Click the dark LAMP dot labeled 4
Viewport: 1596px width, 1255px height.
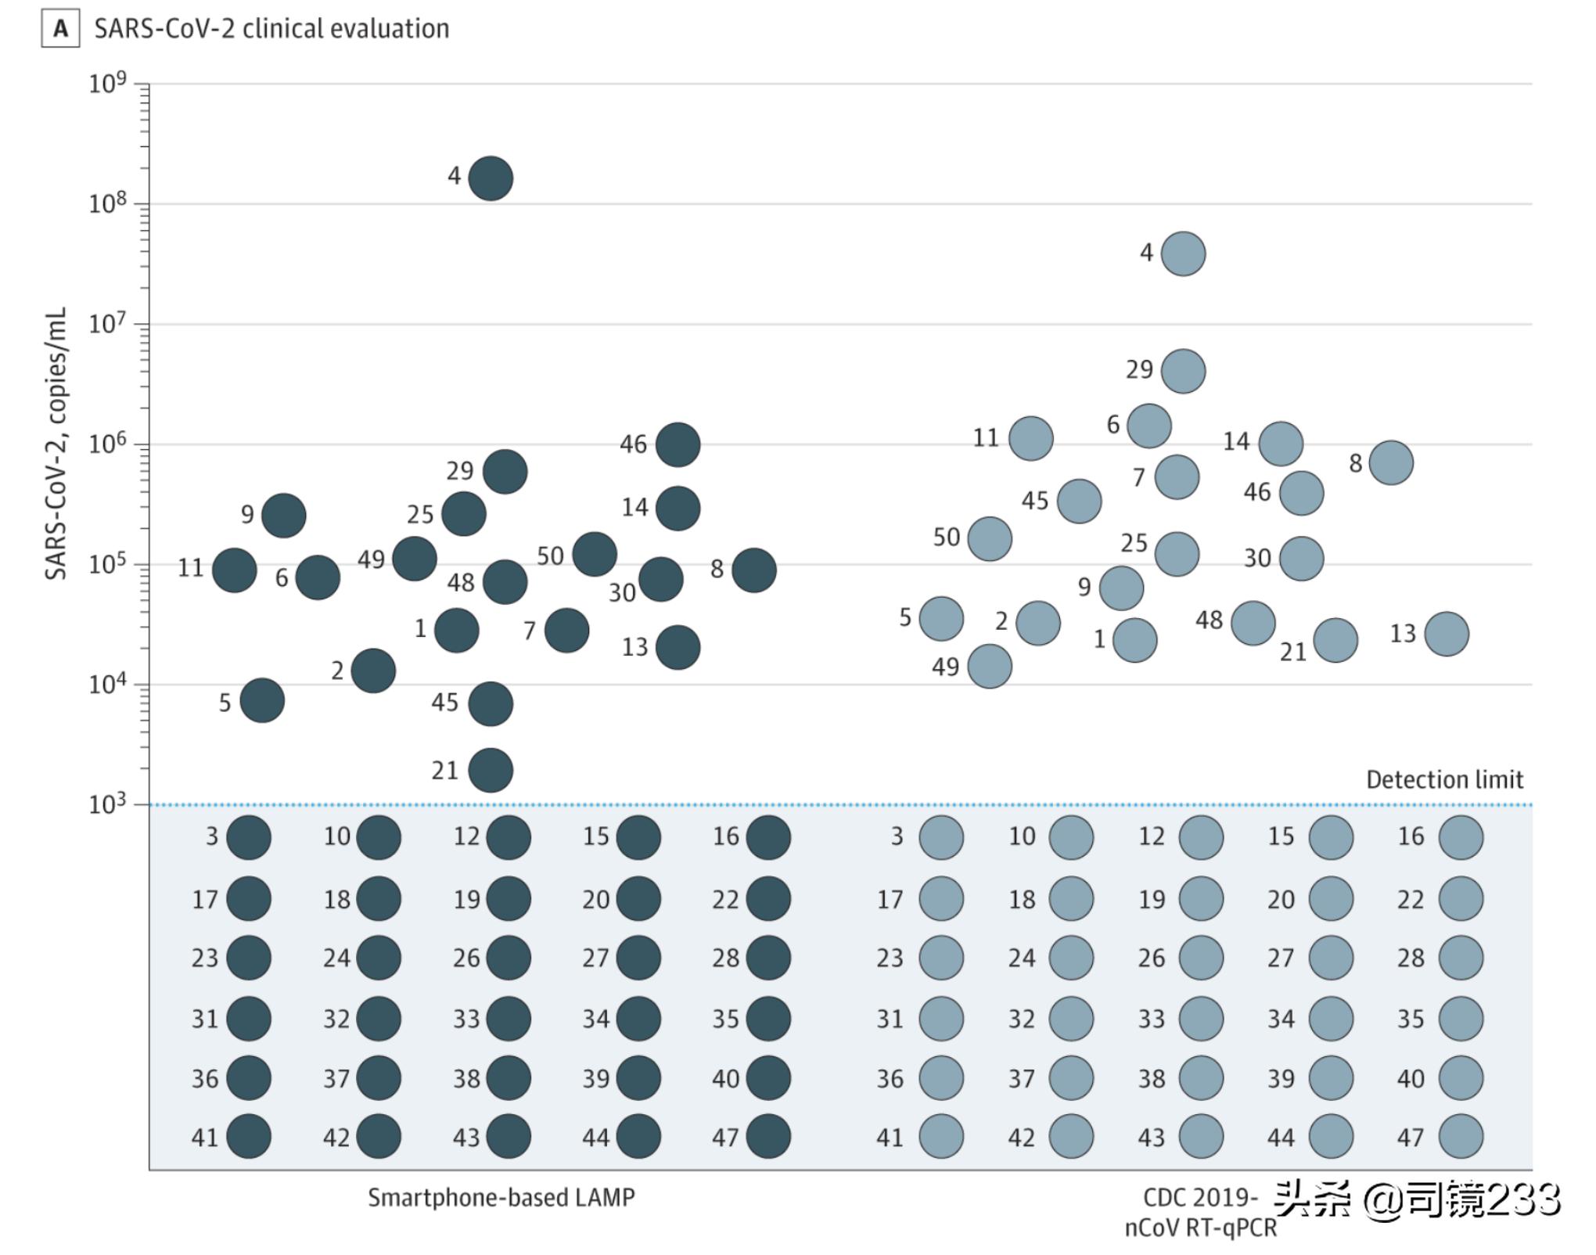tap(491, 178)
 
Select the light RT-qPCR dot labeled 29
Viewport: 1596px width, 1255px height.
tap(1183, 371)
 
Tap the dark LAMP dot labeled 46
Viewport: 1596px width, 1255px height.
tap(678, 444)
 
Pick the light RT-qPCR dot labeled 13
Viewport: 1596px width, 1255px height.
tap(1447, 634)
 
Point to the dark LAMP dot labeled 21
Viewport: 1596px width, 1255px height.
tap(491, 771)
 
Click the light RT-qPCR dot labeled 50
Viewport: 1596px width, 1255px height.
tap(990, 539)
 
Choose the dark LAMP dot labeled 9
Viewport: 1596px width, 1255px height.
tap(283, 516)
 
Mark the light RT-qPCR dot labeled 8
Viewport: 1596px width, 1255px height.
tap(1391, 462)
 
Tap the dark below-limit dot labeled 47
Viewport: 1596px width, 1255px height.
tap(768, 1136)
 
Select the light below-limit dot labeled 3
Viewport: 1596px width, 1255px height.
tap(941, 837)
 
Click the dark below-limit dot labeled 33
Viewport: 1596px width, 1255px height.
tap(509, 1019)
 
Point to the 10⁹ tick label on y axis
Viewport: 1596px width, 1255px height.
tap(107, 82)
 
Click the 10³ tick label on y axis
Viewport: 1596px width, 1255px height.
tap(107, 804)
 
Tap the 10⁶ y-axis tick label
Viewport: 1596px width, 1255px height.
tap(107, 444)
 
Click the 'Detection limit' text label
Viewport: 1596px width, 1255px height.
tap(1444, 779)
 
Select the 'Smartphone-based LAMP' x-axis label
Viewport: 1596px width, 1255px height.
tap(501, 1197)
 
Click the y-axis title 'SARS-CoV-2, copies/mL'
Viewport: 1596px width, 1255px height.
tap(56, 444)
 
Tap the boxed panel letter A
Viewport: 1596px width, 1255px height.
tap(60, 29)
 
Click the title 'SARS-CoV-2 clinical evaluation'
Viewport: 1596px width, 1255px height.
tap(271, 29)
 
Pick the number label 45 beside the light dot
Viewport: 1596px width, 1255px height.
tap(1034, 501)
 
